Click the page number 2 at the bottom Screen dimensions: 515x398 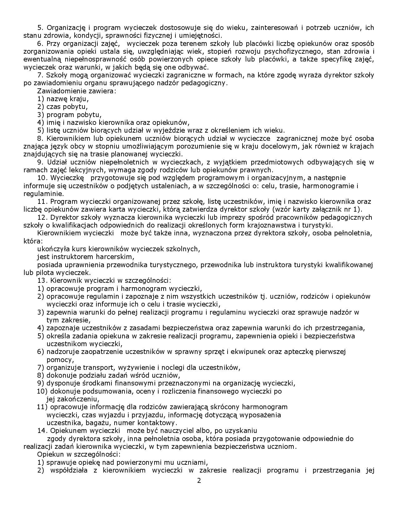[199, 480]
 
